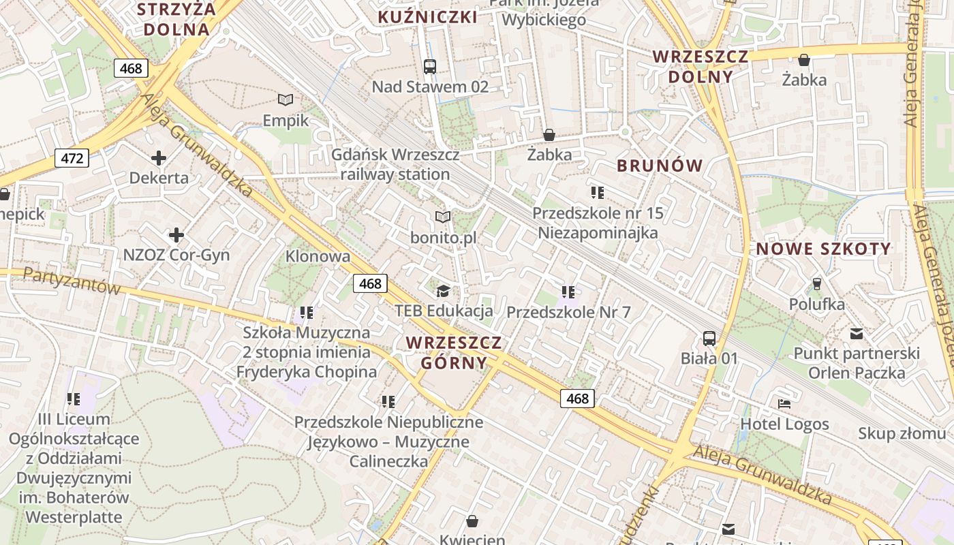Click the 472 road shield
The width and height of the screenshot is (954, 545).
click(72, 159)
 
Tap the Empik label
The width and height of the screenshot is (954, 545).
click(286, 121)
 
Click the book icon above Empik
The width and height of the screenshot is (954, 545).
click(286, 99)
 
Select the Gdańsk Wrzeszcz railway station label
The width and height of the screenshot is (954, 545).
click(395, 164)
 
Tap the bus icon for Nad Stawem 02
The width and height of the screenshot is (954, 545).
click(430, 66)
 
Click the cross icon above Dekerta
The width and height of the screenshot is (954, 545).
click(159, 158)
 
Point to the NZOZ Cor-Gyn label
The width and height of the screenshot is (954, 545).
click(176, 255)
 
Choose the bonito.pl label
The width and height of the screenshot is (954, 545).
click(443, 238)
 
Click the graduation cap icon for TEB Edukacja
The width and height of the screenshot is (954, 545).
click(443, 291)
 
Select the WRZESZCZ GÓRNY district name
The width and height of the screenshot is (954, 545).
click(454, 352)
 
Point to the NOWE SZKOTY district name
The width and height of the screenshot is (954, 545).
click(823, 249)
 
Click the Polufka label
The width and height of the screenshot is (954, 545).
click(817, 304)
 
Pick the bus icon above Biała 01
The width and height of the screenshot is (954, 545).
click(709, 338)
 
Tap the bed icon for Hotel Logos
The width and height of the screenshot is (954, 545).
click(784, 403)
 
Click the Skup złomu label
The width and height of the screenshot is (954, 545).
click(902, 433)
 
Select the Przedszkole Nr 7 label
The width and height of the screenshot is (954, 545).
click(568, 313)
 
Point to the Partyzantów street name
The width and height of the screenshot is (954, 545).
click(72, 281)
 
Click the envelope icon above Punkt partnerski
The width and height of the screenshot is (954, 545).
click(857, 334)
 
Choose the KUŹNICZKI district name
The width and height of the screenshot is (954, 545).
click(427, 17)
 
